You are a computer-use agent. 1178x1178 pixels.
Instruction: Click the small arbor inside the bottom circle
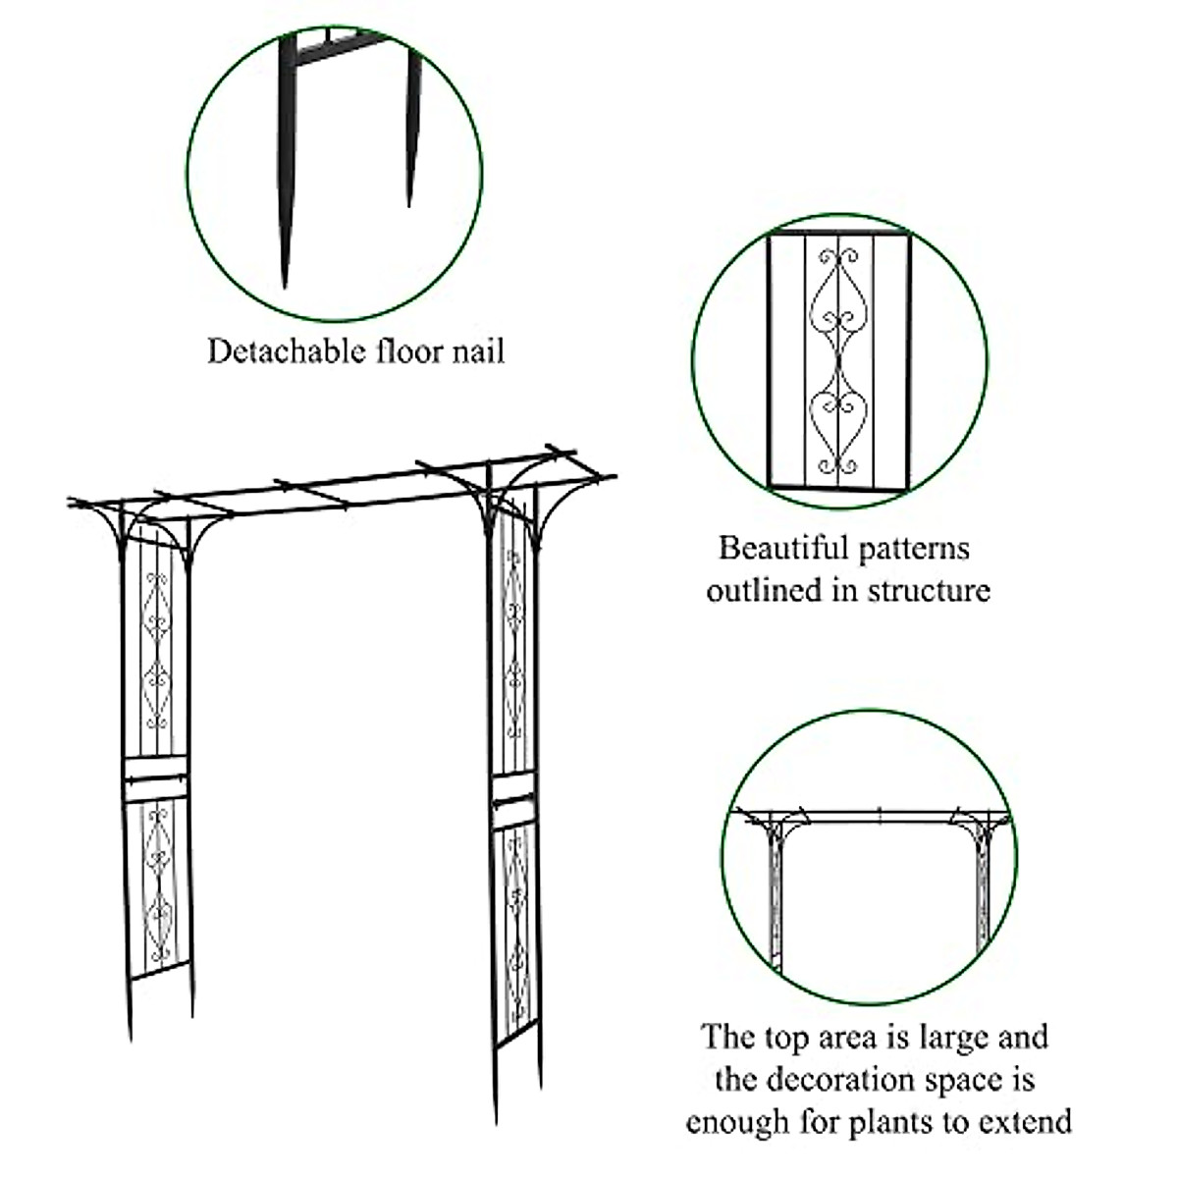click(872, 874)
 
